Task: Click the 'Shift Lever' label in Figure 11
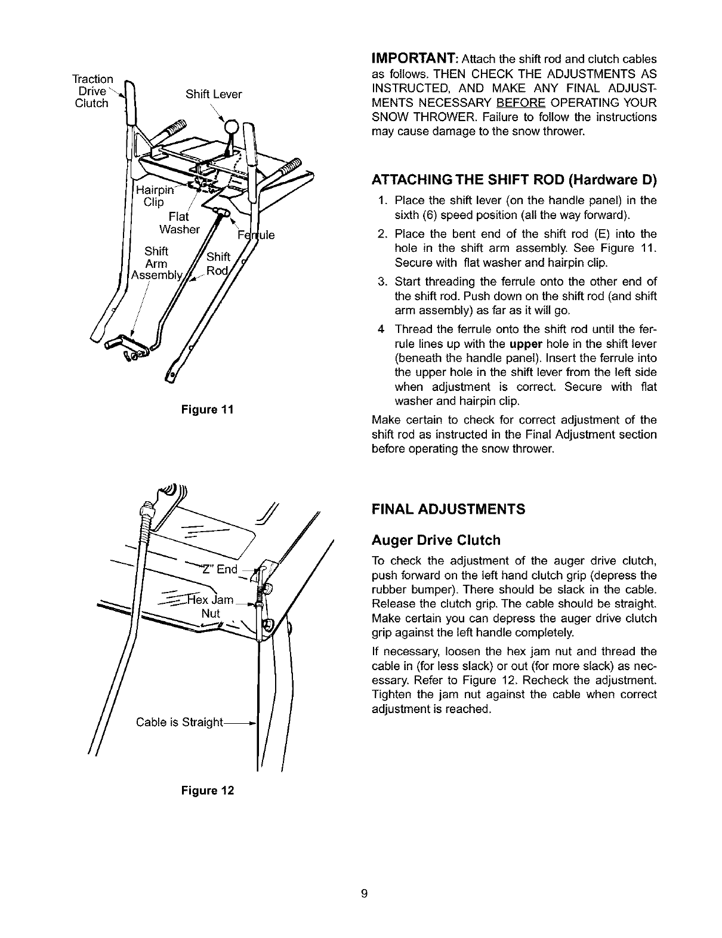[x=214, y=94]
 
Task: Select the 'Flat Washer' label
[x=180, y=223]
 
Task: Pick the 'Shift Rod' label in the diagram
[x=217, y=264]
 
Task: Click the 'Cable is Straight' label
[x=179, y=723]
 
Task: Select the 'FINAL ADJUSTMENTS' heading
[x=448, y=509]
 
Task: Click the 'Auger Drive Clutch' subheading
[x=436, y=541]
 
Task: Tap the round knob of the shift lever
[x=232, y=127]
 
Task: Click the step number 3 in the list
[x=381, y=282]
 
